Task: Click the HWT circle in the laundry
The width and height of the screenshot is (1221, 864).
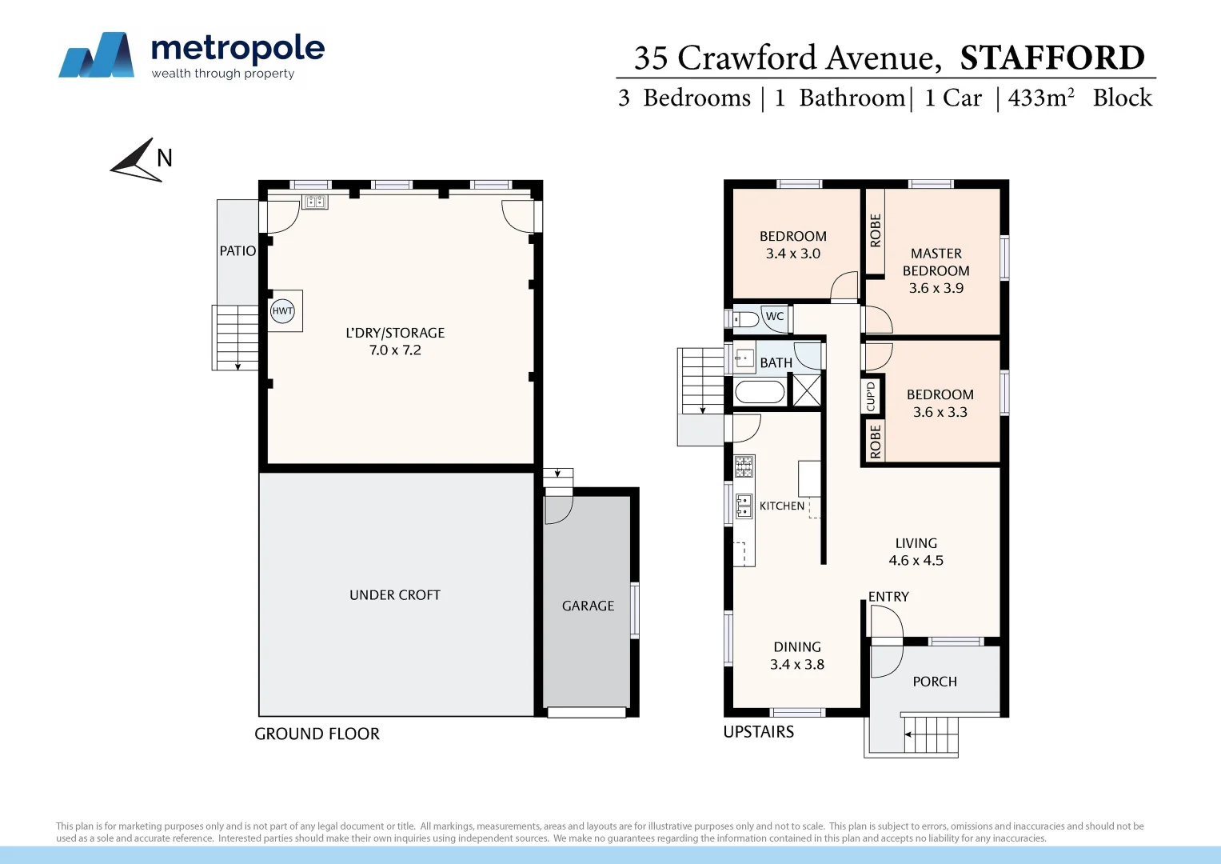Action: point(282,311)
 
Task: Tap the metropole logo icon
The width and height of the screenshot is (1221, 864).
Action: point(97,55)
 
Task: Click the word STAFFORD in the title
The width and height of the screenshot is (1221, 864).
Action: point(1052,58)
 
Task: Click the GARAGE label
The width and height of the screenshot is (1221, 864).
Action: point(588,606)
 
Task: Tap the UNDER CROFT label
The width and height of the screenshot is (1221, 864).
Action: point(394,595)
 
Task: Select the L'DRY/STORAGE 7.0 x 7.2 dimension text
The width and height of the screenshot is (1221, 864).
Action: point(395,350)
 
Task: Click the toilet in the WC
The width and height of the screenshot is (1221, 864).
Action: point(747,320)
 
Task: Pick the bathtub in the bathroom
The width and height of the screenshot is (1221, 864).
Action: point(760,392)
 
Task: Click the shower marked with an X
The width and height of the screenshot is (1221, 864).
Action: point(806,391)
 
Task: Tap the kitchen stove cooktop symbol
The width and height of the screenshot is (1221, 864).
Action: point(744,466)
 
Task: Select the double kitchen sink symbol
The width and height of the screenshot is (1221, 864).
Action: point(744,506)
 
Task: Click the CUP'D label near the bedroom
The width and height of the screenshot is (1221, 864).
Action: point(871,396)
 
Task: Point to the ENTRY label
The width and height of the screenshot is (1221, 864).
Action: point(888,597)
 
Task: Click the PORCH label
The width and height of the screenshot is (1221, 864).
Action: point(935,682)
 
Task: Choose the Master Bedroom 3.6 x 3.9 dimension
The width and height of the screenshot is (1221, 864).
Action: point(936,288)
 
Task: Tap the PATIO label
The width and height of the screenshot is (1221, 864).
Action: point(237,251)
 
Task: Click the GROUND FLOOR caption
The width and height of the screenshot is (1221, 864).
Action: point(317,734)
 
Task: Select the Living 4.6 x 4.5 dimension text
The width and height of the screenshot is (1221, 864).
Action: point(916,561)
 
